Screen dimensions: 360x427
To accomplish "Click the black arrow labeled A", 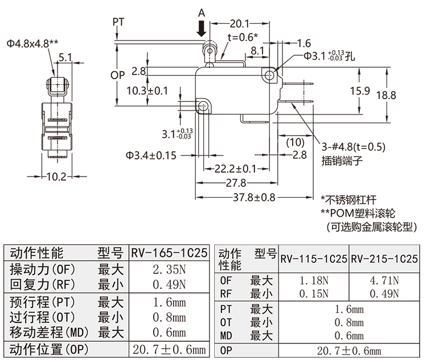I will pos(202,28).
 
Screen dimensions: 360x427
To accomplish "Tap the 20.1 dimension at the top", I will pos(239,23).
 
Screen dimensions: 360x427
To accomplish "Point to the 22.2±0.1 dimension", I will pos(235,169).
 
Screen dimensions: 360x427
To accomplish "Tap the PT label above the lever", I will pos(118,22).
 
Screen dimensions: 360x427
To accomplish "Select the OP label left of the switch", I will pos(117,75).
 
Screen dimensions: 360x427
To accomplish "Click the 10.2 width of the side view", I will pos(56,177).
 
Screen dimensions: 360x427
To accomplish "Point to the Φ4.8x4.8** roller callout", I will pos(33,43).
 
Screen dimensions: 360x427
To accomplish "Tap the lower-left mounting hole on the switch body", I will pos(203,105).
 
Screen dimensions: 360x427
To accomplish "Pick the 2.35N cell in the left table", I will pos(169,269).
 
